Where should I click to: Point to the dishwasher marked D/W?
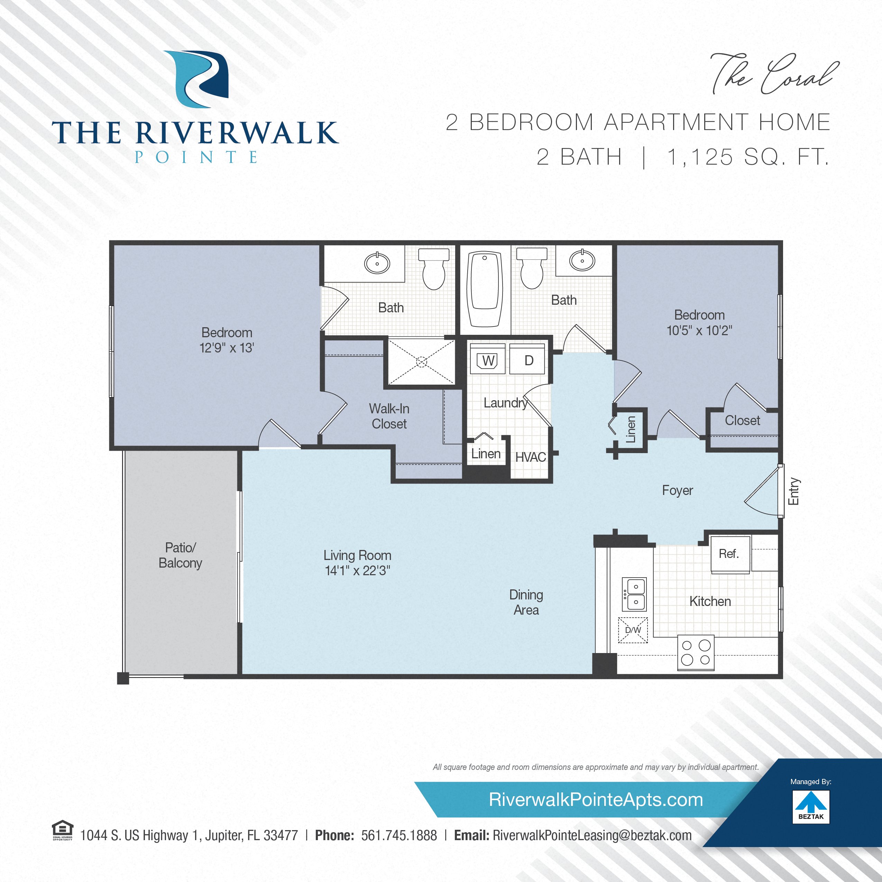point(633,630)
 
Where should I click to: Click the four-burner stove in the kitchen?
point(696,653)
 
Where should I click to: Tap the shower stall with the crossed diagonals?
point(421,362)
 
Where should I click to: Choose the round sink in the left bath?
point(377,263)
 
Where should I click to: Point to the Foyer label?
point(678,490)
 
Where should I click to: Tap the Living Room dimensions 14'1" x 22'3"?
point(357,571)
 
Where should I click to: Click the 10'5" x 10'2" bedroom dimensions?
point(699,331)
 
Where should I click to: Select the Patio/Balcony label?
point(180,555)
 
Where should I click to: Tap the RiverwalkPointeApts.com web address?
point(596,800)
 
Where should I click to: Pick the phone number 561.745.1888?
point(399,835)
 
